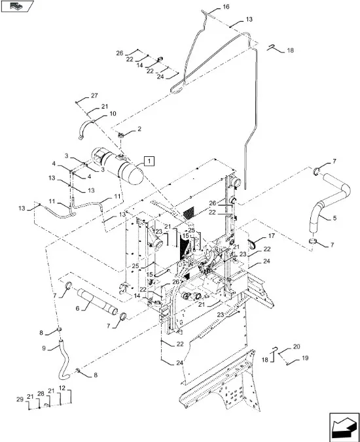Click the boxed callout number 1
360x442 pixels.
pos(149,161)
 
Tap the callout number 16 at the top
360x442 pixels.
pos(226,7)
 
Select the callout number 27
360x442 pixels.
pos(94,95)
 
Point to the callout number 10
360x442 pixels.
pos(113,114)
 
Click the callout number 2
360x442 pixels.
pos(139,129)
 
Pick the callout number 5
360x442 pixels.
pos(334,218)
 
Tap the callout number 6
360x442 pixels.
pos(78,308)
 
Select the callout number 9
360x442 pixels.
pos(44,348)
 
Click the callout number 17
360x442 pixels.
pos(272,235)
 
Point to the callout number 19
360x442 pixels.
pos(305,358)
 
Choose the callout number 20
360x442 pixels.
pos(297,347)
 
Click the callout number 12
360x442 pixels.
pos(62,388)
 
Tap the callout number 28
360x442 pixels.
pos(41,394)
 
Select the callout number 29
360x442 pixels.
pos(20,399)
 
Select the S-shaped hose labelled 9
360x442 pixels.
pos(63,359)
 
